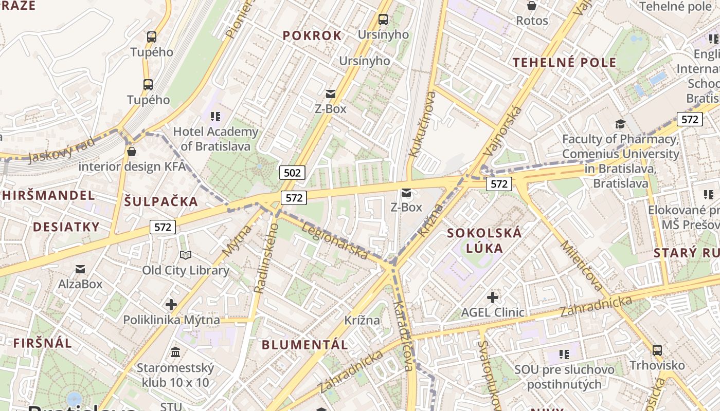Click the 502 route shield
(292, 173)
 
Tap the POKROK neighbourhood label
(312, 35)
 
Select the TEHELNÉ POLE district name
(564, 63)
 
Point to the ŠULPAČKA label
(161, 201)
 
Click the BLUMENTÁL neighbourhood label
(305, 345)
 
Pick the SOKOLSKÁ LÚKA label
(484, 240)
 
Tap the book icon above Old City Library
(186, 255)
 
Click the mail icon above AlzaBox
(80, 269)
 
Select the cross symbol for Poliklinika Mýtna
(171, 305)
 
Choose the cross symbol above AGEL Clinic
(493, 297)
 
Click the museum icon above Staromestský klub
(175, 352)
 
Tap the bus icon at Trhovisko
(657, 350)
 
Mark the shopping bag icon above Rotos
(532, 6)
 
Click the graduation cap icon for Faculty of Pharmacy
(621, 124)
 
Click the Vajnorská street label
(503, 132)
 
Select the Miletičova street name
(582, 265)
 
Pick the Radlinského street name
(266, 258)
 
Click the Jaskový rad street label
(62, 150)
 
